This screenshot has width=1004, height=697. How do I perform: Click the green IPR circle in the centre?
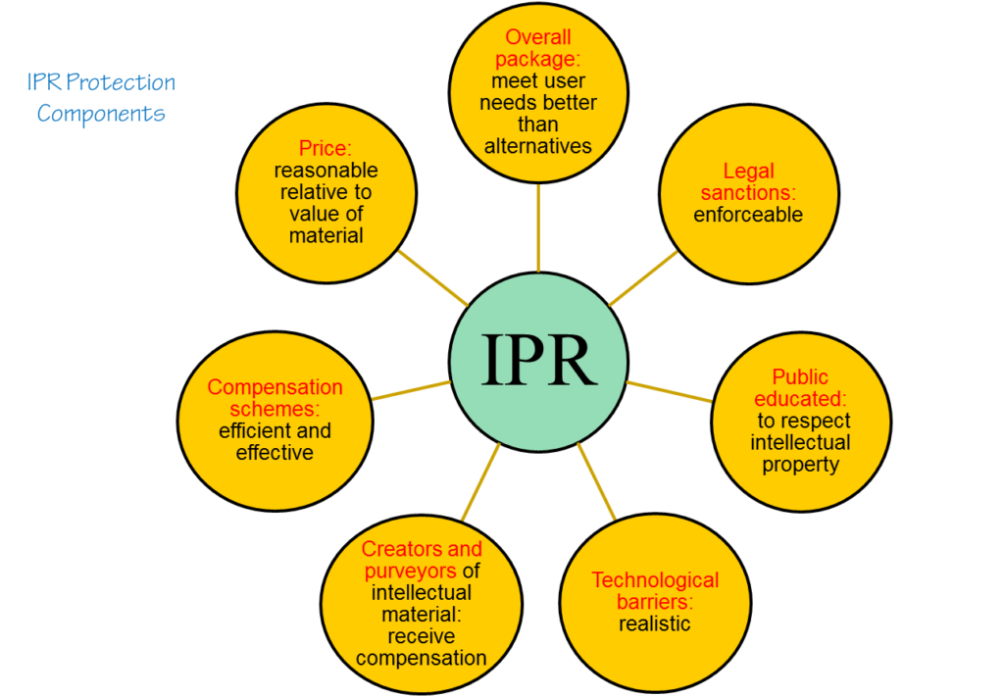click(x=538, y=360)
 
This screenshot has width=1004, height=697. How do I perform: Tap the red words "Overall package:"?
click(x=538, y=49)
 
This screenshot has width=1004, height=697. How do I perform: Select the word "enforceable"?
click(x=747, y=215)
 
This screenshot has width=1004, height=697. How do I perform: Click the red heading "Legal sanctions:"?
click(x=748, y=182)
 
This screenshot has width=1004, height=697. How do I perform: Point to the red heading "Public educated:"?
click(x=800, y=388)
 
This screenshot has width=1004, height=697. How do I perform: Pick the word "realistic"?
click(x=654, y=623)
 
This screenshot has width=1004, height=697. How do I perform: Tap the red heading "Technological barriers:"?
click(x=654, y=590)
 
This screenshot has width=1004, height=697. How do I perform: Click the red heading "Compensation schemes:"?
click(x=275, y=398)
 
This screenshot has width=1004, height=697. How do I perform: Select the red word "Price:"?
click(x=325, y=149)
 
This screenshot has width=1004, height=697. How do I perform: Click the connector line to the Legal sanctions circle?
click(x=643, y=277)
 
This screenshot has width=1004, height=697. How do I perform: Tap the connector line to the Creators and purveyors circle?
click(x=480, y=481)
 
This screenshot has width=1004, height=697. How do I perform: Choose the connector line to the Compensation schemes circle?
click(x=411, y=390)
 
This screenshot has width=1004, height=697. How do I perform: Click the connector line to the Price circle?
click(x=432, y=277)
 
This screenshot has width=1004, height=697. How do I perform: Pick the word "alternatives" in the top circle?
click(x=538, y=146)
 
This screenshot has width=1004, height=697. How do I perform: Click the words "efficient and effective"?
click(x=275, y=442)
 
